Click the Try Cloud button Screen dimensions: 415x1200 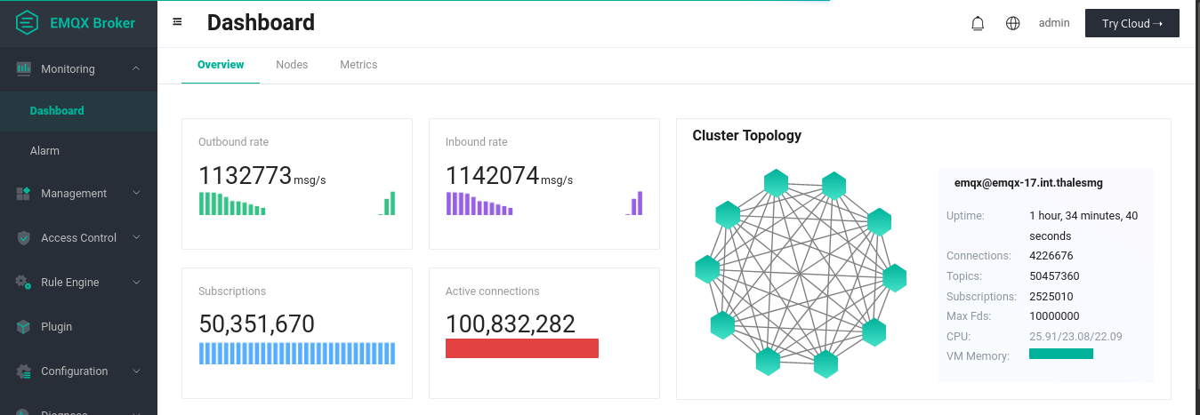[1132, 24]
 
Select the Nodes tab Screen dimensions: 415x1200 [292, 65]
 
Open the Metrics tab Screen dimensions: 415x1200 [358, 65]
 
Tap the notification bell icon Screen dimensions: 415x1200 [978, 24]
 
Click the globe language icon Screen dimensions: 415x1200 [1012, 24]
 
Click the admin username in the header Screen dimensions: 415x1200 [1054, 23]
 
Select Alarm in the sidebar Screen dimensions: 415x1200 [44, 151]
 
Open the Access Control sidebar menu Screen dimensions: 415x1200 [78, 238]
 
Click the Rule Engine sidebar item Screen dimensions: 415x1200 [69, 283]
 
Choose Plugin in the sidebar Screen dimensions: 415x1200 [56, 327]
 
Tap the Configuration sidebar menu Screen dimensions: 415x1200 [74, 371]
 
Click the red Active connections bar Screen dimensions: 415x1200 [521, 348]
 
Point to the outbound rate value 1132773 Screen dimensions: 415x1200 [245, 176]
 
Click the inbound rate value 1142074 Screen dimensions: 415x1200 [492, 176]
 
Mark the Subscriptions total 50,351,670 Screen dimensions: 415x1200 [256, 324]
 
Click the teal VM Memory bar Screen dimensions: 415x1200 [1060, 354]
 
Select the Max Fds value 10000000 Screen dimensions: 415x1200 [1054, 316]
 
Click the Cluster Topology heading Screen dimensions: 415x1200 [746, 136]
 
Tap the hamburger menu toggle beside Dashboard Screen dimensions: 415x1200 [177, 21]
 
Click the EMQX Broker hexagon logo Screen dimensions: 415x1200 [27, 23]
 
